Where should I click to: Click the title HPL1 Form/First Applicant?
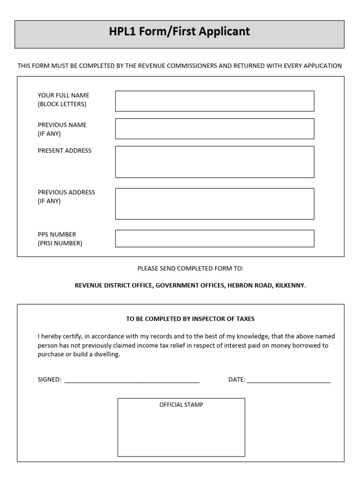tap(180, 32)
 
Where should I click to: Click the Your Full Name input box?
tap(215, 101)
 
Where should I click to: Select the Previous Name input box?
tap(215, 128)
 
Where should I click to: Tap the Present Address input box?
tap(215, 162)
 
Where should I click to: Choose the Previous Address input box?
tap(215, 203)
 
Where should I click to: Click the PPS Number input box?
tap(215, 238)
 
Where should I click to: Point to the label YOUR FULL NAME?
tap(63, 95)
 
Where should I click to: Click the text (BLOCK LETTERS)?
tap(62, 104)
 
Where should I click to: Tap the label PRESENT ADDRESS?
tap(65, 150)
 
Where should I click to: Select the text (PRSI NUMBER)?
tap(60, 243)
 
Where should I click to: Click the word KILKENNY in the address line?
tap(291, 285)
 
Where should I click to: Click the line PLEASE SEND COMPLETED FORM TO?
tap(190, 269)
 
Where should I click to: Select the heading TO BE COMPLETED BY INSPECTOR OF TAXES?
tap(190, 319)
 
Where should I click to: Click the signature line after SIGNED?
tap(132, 380)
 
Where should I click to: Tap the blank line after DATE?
tap(288, 380)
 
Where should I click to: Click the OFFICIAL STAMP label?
tap(181, 405)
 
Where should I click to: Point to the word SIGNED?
tap(49, 380)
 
